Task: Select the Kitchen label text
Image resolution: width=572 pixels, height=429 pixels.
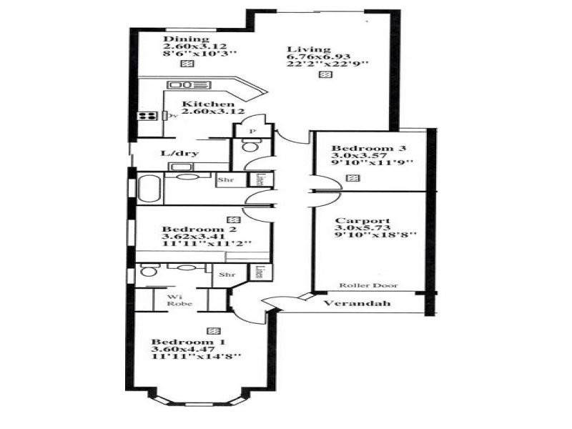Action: coord(208,104)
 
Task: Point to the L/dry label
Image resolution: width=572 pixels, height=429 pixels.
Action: coord(179,153)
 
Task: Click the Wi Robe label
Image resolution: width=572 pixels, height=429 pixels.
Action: coord(176,300)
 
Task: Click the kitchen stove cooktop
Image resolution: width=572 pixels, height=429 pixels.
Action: coord(148,116)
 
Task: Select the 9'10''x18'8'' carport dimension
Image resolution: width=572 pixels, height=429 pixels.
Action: coord(375,234)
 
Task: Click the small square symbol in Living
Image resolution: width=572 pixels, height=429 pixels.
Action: coord(326,74)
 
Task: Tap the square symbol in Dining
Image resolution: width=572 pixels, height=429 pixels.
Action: coord(187,64)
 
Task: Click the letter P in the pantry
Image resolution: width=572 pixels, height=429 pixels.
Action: coord(252,132)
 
